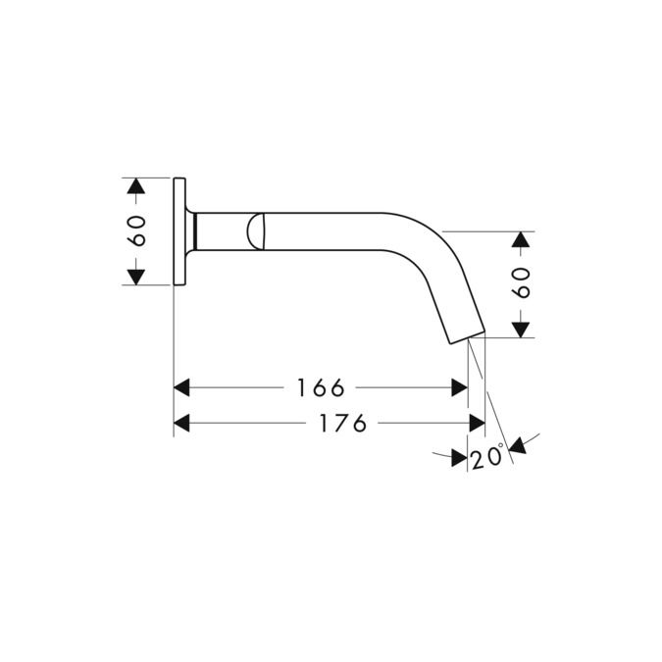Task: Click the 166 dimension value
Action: pos(321,388)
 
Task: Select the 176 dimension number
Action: pos(342,423)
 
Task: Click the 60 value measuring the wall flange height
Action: pos(137,230)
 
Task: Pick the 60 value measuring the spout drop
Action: pos(521,282)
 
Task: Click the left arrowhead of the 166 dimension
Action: pos(181,387)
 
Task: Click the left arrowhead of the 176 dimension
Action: pos(181,423)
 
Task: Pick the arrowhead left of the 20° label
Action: pos(458,457)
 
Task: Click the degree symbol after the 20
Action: pos(501,447)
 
